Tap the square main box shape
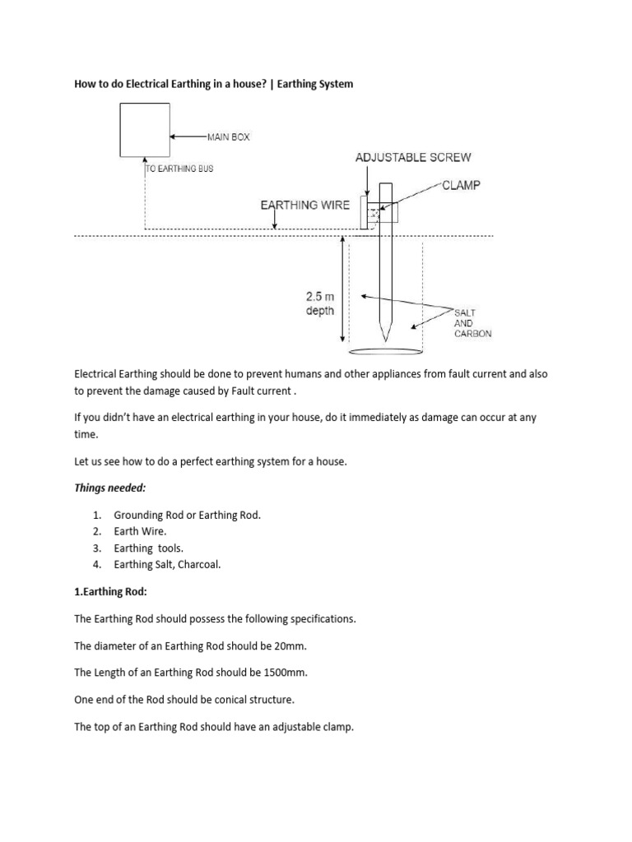(x=145, y=128)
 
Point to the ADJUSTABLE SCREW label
(x=413, y=157)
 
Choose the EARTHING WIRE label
(x=304, y=206)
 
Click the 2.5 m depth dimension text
(x=320, y=304)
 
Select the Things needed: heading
(x=109, y=488)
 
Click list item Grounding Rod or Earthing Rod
(x=187, y=515)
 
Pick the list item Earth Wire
(x=140, y=531)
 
